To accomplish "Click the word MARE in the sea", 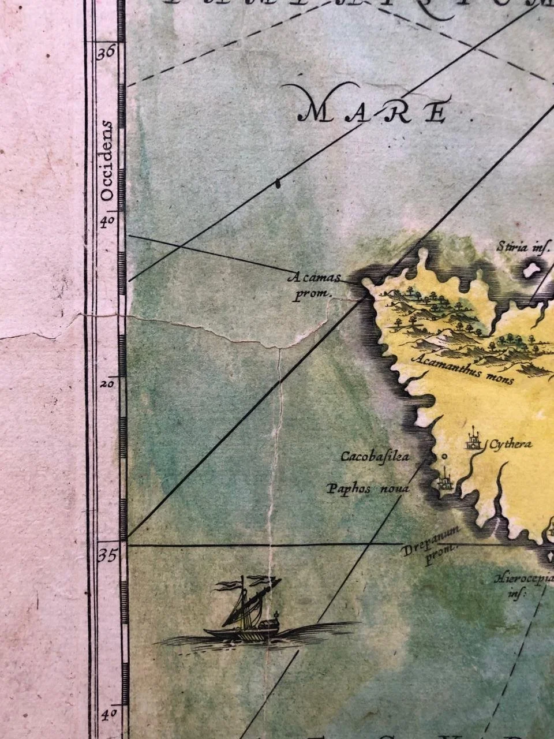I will (374, 111).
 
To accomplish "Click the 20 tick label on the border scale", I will (107, 383).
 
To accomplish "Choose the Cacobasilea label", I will (375, 457).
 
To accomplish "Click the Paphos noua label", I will (368, 489).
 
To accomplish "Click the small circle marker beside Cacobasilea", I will (444, 457).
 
